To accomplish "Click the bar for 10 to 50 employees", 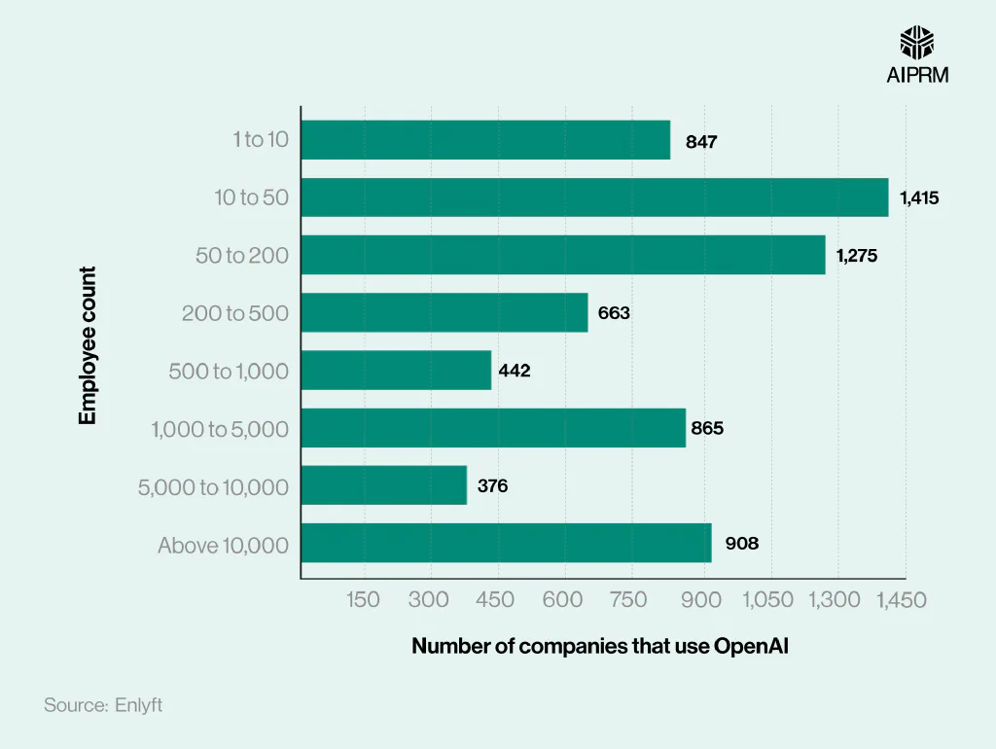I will click(x=594, y=197).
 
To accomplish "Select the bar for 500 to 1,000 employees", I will click(x=396, y=371).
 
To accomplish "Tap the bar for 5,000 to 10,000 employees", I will click(x=383, y=485).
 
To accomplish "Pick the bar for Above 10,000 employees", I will click(x=506, y=543).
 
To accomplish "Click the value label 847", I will click(x=701, y=142).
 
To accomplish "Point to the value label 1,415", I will click(x=919, y=198).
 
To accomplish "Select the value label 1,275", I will click(x=857, y=256).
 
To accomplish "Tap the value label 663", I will click(x=614, y=313).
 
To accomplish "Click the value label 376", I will click(x=492, y=485).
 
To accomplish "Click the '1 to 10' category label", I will click(x=261, y=140).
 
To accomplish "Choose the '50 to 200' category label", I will click(x=242, y=256).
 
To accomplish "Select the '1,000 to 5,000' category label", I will click(x=220, y=429).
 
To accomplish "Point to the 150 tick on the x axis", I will click(x=364, y=600).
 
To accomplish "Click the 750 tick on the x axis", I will click(x=628, y=600).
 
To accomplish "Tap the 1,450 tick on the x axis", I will click(x=901, y=600).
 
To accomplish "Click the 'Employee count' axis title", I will click(x=89, y=346).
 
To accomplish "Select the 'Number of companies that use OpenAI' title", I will click(x=599, y=646).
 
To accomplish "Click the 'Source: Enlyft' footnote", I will click(x=103, y=705).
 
